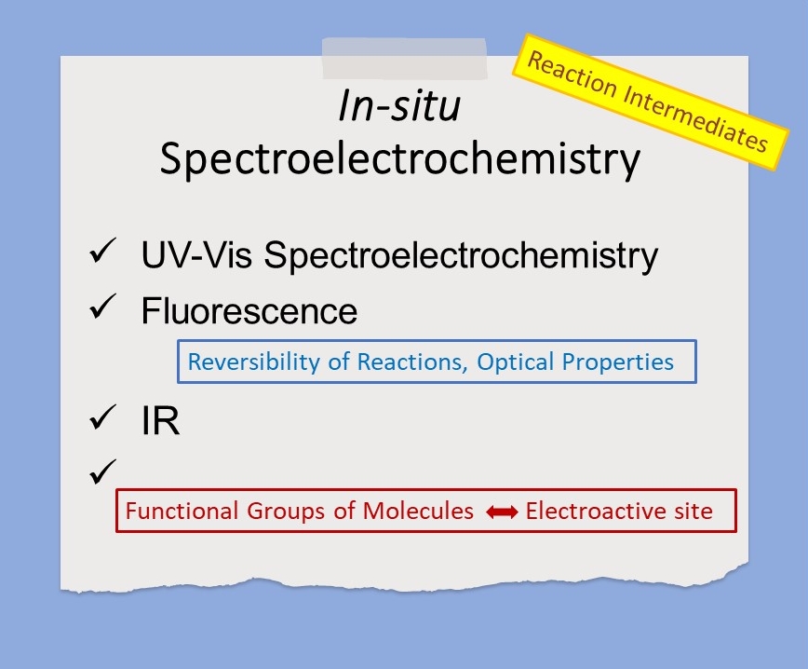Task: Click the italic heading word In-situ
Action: point(399,105)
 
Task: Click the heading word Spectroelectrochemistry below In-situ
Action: point(400,159)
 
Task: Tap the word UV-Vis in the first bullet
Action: point(196,254)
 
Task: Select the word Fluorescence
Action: point(249,310)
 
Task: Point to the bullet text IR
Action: point(160,420)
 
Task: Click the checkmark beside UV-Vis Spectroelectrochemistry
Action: point(102,252)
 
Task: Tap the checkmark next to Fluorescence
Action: point(102,307)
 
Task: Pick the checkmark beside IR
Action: point(102,417)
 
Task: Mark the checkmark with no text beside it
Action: point(102,471)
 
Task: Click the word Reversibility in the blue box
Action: point(253,362)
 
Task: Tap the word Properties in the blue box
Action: point(617,362)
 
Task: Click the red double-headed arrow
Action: point(502,512)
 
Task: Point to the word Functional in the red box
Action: point(182,511)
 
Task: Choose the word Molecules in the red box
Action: point(418,511)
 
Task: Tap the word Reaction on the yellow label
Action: point(572,75)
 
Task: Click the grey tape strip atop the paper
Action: point(405,59)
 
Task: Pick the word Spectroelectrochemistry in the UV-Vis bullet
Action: point(461,255)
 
